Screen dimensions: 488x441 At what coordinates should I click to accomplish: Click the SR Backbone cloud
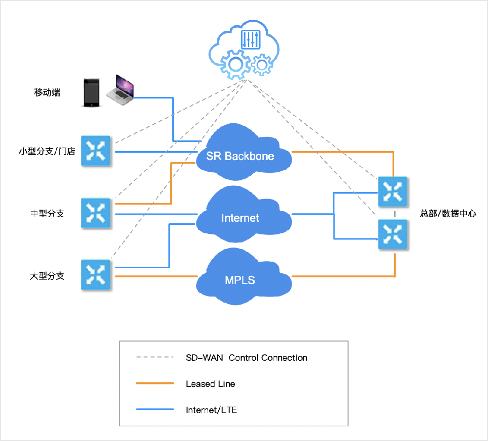(243, 152)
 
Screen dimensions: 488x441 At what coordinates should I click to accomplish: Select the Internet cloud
(243, 215)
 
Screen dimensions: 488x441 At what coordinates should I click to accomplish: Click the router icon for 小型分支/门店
(96, 151)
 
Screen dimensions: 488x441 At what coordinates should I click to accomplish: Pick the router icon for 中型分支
(96, 213)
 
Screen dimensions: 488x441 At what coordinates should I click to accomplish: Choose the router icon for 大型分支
(96, 275)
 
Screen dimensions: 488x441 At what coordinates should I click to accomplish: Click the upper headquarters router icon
(393, 191)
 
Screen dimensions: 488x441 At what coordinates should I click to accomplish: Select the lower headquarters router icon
(393, 234)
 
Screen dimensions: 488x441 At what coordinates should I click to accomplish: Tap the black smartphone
(91, 93)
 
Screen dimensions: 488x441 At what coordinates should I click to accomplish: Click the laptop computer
(120, 90)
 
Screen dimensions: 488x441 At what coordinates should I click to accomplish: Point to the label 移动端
(47, 92)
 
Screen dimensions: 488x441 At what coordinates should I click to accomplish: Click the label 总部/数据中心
(448, 214)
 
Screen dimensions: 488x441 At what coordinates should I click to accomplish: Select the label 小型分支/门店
(47, 151)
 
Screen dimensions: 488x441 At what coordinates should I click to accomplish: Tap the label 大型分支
(47, 276)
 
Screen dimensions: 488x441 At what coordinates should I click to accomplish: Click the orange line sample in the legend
(155, 383)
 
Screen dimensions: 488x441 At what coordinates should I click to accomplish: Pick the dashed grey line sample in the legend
(155, 357)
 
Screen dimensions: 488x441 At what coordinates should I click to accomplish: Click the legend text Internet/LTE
(211, 410)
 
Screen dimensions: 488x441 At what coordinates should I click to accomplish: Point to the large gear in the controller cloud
(235, 65)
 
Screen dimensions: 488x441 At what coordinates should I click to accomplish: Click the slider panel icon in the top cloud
(251, 39)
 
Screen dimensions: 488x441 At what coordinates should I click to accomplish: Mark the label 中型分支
(47, 214)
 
